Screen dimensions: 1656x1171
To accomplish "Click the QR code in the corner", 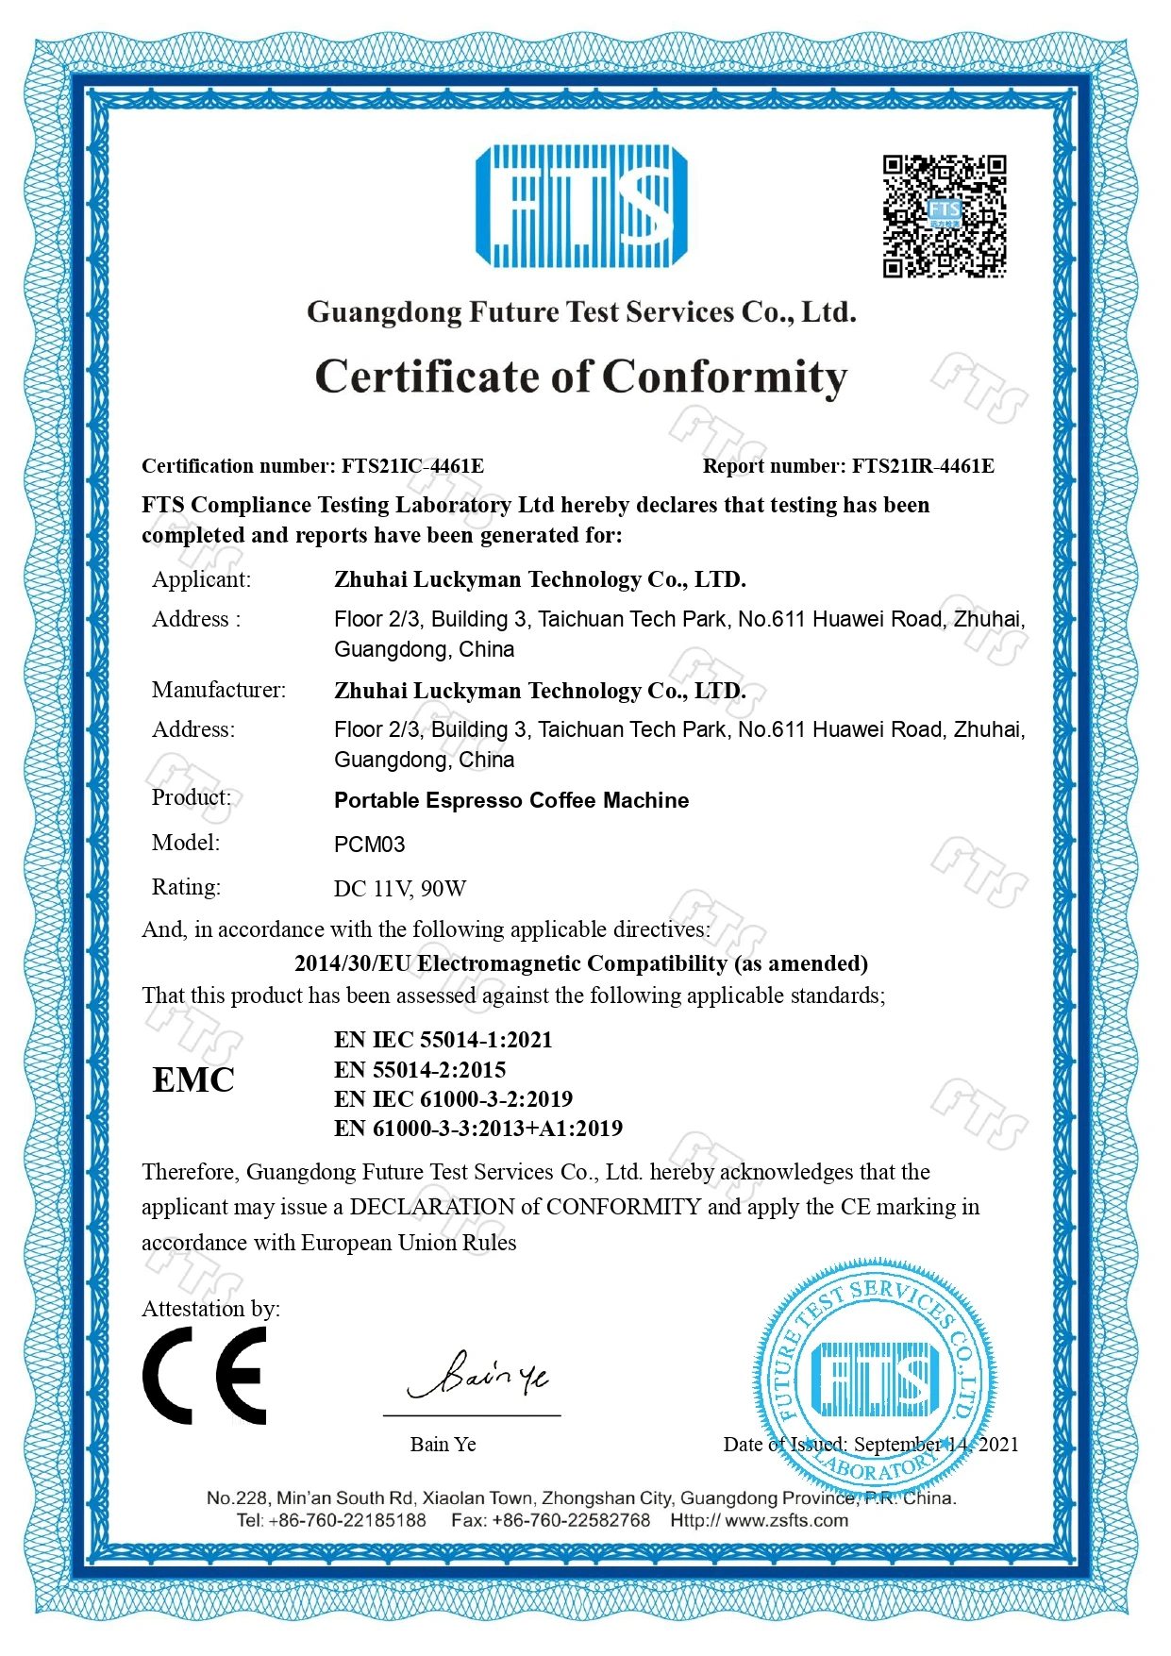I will pos(945,216).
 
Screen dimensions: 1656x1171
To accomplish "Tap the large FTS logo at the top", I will pos(581,206).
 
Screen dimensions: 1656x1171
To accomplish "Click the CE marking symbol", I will pos(205,1375).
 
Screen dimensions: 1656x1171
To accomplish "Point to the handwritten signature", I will pos(477,1375).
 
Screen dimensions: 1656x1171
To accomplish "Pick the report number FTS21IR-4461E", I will pos(923,466).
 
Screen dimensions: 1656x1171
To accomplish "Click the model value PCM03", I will pos(369,845).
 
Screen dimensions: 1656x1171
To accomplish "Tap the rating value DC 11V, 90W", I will pos(400,889).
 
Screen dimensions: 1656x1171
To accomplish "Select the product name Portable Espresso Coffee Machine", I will pos(511,800).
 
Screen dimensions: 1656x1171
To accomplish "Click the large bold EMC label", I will pos(193,1080).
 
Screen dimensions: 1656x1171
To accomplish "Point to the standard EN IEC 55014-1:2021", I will pos(443,1040).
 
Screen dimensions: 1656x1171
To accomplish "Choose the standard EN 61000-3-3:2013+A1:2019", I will pos(477,1129).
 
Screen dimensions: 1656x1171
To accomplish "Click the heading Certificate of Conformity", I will pos(581,376).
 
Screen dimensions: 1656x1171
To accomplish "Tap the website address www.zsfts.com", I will pos(786,1520).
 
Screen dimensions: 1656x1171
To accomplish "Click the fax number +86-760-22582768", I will pos(571,1520).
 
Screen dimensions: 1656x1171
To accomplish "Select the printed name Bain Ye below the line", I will pos(443,1445).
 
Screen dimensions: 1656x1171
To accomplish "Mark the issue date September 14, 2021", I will pos(936,1445).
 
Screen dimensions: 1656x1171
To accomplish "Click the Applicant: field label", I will pos(201,579).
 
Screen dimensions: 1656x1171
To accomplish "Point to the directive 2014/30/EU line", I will pos(581,963).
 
